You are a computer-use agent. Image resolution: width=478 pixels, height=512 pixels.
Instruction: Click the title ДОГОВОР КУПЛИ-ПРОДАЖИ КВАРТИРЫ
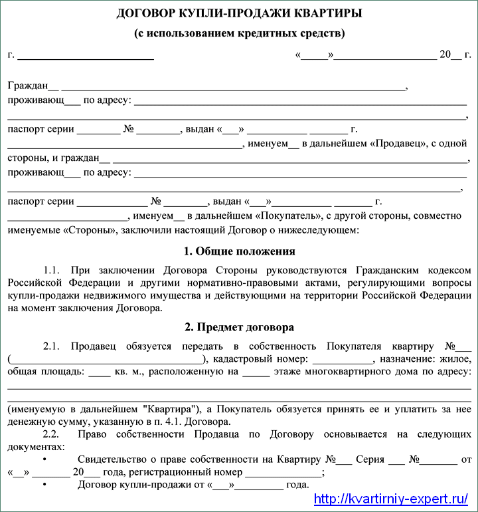239,14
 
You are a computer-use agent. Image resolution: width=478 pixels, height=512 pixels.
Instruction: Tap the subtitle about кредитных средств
239,33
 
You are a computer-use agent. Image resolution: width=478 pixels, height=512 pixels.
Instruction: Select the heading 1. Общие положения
239,251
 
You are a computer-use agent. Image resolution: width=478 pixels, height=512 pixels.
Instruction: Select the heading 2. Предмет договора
239,327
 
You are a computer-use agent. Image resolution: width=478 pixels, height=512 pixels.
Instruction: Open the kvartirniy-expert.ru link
390,499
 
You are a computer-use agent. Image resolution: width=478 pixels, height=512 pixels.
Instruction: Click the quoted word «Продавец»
397,143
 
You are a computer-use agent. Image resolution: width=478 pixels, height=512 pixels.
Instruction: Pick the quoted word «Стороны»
87,230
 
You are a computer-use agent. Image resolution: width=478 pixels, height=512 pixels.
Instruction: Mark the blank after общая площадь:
99,372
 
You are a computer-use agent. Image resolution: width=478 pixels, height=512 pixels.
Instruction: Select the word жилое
457,360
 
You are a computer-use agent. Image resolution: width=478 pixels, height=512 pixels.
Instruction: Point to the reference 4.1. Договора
200,422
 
